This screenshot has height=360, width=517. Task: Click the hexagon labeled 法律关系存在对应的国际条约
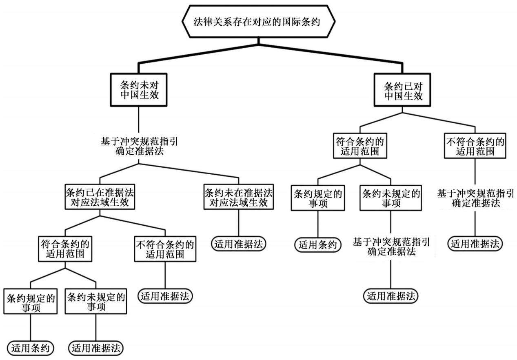click(x=259, y=21)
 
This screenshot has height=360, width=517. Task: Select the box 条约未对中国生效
click(x=139, y=90)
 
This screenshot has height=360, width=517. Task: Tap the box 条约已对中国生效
click(x=402, y=90)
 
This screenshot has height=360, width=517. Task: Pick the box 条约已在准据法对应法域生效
click(x=100, y=197)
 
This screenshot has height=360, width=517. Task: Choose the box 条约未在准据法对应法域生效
click(x=239, y=197)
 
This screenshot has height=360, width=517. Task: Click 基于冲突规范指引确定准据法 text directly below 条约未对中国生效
click(x=139, y=147)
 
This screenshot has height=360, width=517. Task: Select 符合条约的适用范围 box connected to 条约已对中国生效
click(x=360, y=145)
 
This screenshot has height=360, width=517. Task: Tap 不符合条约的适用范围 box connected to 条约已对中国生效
click(x=475, y=145)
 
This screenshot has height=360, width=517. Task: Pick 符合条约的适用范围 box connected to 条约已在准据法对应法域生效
click(x=65, y=249)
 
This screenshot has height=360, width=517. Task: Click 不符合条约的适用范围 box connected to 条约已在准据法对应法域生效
click(x=165, y=249)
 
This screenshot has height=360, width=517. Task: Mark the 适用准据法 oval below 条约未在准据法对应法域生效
click(x=239, y=244)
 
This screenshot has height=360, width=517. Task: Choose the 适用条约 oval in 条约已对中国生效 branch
click(x=318, y=245)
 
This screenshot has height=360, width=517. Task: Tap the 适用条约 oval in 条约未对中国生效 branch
click(x=31, y=348)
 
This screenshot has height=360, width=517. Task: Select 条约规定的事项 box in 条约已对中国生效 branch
click(x=318, y=198)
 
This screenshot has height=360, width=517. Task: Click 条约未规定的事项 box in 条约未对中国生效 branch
click(x=96, y=301)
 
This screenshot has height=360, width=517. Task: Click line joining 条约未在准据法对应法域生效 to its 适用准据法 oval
click(x=239, y=223)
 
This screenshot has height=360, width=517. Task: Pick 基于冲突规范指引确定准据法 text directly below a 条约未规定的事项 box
click(x=391, y=247)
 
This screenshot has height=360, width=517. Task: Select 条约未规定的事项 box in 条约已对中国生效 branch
click(x=391, y=198)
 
